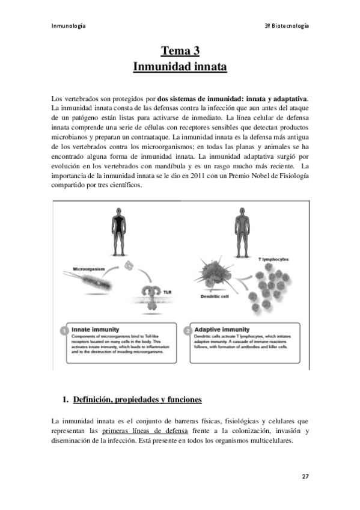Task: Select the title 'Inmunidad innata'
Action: [x=180, y=66]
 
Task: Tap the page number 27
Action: [x=305, y=476]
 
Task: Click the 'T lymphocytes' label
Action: [x=273, y=259]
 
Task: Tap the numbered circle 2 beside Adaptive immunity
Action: [x=191, y=331]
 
